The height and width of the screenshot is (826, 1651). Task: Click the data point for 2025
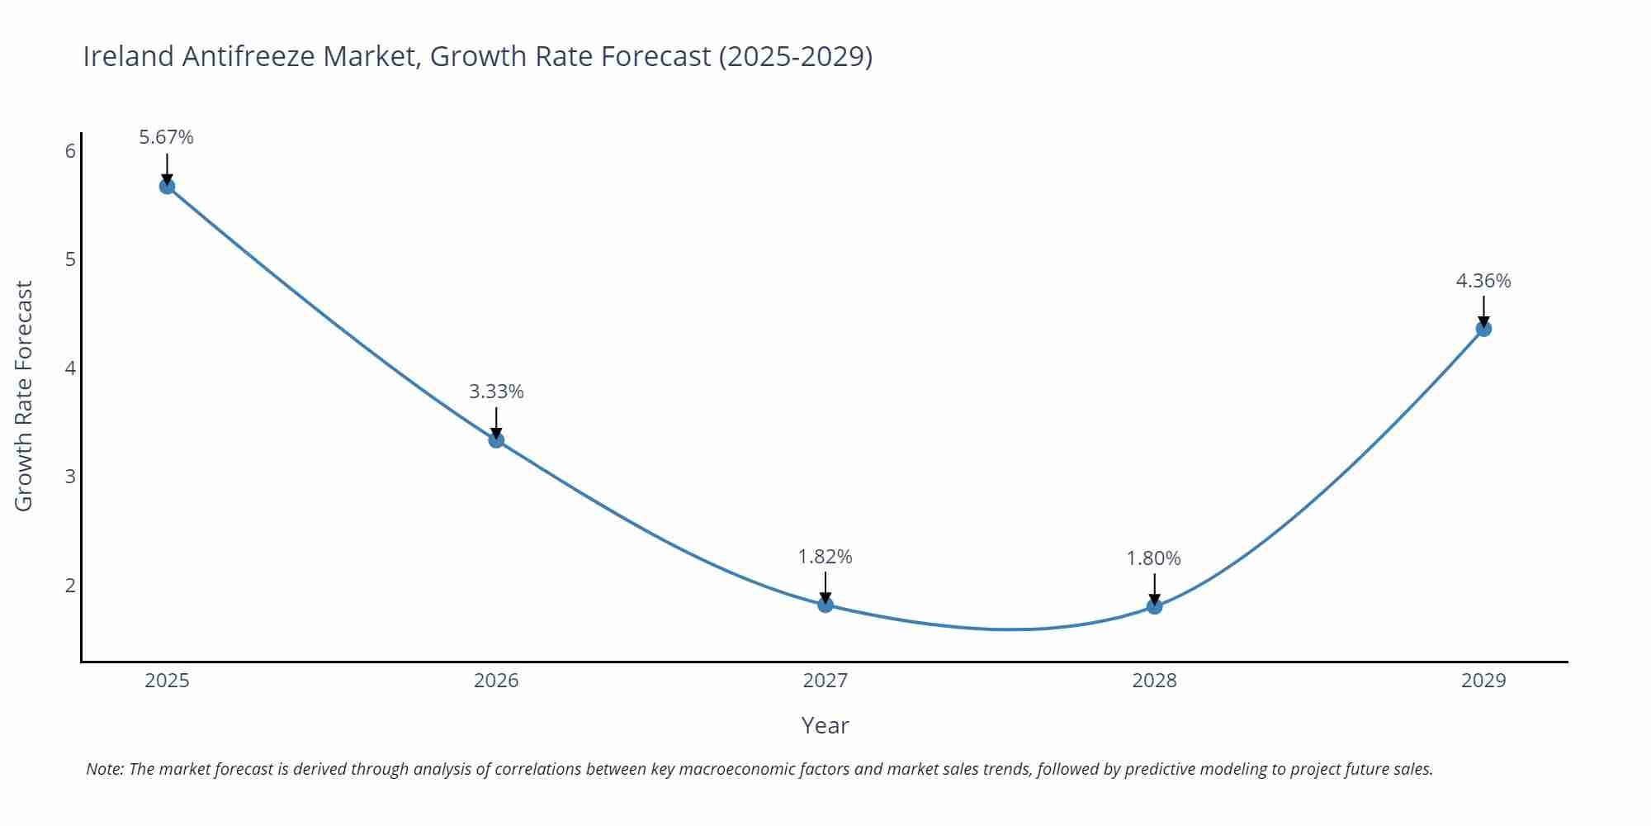point(167,187)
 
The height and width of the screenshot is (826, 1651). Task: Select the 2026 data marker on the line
point(496,440)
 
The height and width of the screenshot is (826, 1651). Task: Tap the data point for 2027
point(825,605)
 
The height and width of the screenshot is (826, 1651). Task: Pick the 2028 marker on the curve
point(1154,606)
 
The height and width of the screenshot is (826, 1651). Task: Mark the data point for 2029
point(1483,329)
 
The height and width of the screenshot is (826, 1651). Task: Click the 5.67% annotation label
point(166,137)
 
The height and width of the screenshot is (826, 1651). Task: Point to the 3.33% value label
point(496,392)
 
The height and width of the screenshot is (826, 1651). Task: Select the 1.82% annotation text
point(825,557)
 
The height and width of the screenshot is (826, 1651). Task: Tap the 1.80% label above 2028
point(1153,558)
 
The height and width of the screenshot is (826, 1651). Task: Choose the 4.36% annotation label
point(1483,281)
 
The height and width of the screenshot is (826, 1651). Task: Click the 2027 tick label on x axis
point(825,681)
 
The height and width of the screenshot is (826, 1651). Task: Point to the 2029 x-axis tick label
point(1483,681)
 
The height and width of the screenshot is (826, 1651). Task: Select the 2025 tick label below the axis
point(167,681)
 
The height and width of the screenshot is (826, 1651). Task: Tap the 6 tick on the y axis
point(70,151)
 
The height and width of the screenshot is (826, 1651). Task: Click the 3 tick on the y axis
point(70,477)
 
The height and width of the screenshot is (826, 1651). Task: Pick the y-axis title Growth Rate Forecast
point(24,396)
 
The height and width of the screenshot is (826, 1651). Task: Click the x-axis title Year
point(825,725)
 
